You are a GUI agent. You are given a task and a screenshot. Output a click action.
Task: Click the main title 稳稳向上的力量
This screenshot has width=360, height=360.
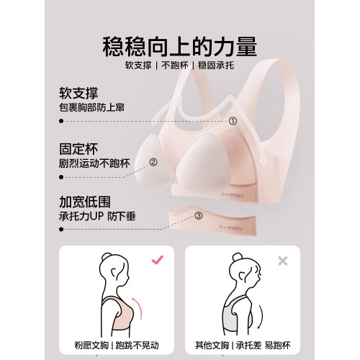[x=180, y=48]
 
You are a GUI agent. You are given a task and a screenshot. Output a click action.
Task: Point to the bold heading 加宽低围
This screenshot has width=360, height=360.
[x=84, y=202]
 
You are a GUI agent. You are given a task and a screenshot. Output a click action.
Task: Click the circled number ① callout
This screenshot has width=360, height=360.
[x=233, y=120]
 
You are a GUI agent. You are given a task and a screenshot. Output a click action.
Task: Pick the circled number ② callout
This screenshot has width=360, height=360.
[x=153, y=163]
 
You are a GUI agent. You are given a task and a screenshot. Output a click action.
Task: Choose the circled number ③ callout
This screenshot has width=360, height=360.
[x=199, y=214]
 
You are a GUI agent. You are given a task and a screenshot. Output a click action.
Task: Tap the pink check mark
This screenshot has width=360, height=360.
[x=156, y=259]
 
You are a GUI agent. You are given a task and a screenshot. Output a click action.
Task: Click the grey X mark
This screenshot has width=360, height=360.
[x=283, y=260]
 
